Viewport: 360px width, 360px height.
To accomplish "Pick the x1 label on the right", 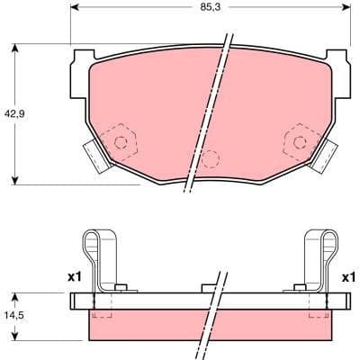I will [348, 277].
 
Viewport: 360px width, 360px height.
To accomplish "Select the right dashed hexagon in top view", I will [298, 140].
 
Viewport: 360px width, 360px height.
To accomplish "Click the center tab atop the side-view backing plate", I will [209, 288].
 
